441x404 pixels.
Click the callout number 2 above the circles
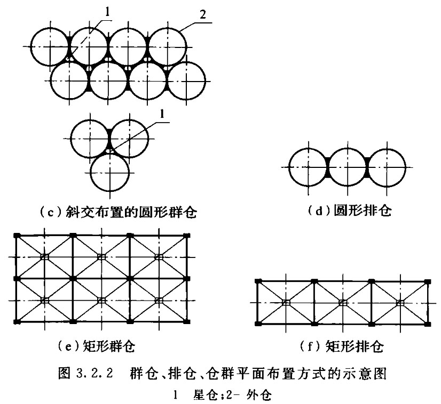pyautogui.click(x=202, y=14)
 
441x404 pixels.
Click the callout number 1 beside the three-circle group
pyautogui.click(x=162, y=114)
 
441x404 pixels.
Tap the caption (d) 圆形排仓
pyautogui.click(x=349, y=211)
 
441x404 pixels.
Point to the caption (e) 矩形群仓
pyautogui.click(x=96, y=346)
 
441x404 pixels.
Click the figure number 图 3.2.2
pyautogui.click(x=85, y=374)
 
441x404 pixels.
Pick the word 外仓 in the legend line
pyautogui.click(x=258, y=395)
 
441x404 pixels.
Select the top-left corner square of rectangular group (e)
pyautogui.click(x=18, y=235)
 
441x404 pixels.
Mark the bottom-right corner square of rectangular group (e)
pyautogui.click(x=187, y=321)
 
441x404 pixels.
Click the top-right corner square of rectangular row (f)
pyautogui.click(x=428, y=281)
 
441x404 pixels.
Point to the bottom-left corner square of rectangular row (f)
pyautogui.click(x=258, y=324)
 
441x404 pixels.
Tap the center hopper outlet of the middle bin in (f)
pyautogui.click(x=343, y=303)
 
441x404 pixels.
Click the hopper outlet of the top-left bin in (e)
pyautogui.click(x=45, y=257)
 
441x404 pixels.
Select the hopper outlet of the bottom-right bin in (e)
pyautogui.click(x=159, y=301)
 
